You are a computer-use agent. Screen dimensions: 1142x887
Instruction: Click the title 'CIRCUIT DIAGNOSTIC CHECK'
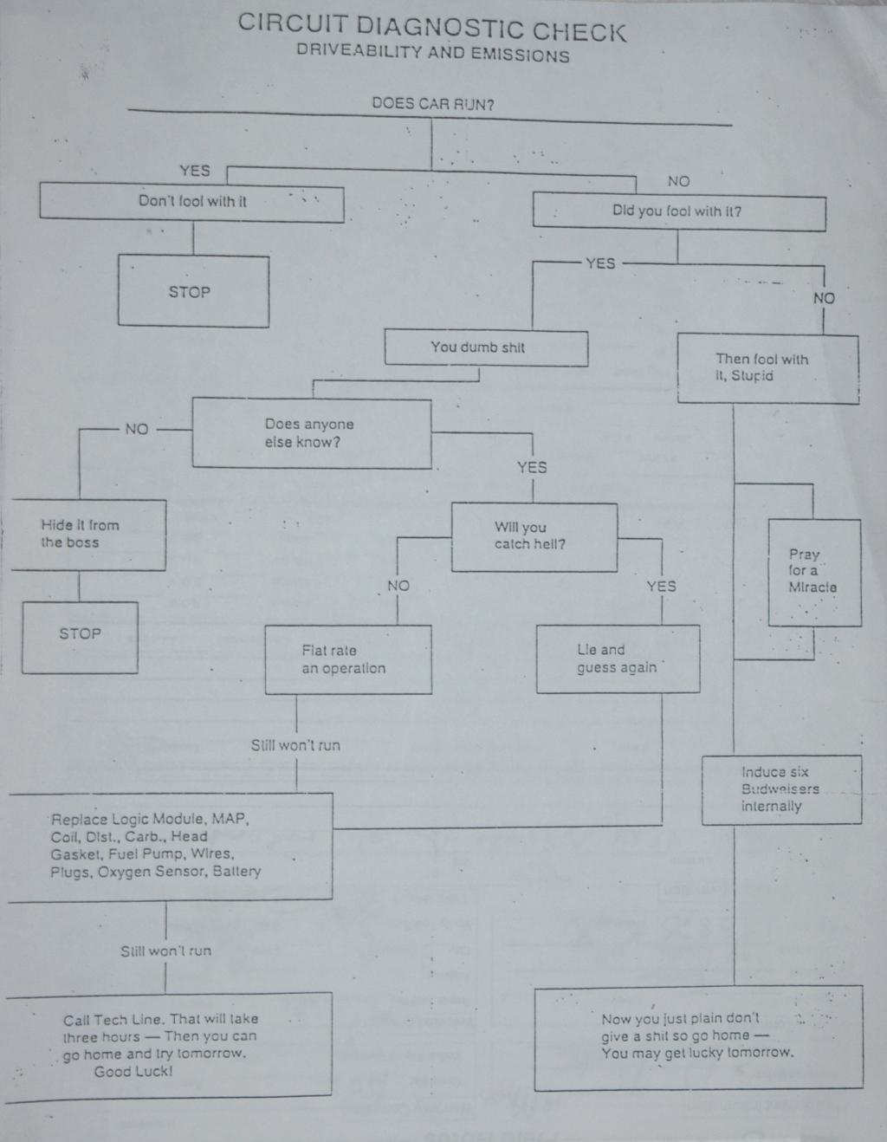tap(431, 28)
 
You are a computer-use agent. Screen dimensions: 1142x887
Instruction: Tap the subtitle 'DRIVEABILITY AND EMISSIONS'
tap(432, 54)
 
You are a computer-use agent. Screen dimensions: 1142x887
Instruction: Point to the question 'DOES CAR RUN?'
tap(432, 104)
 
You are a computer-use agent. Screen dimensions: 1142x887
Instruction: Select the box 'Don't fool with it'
tap(191, 202)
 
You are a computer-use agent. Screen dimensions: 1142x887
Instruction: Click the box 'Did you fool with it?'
tap(677, 211)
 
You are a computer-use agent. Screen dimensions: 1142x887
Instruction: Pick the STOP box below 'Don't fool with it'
tap(192, 292)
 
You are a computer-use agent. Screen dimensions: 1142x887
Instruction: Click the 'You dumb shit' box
tap(485, 347)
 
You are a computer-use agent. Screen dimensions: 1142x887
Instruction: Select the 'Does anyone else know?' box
tap(311, 433)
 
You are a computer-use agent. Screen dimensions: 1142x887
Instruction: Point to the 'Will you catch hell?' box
tap(534, 536)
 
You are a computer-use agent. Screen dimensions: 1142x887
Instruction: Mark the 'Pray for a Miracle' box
tap(813, 571)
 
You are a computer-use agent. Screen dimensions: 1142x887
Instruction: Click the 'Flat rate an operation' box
tap(347, 659)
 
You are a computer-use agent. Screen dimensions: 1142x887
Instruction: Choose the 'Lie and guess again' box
tap(617, 659)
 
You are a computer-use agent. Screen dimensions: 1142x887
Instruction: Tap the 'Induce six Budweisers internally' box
tap(780, 788)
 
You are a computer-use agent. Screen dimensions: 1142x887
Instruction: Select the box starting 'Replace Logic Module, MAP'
tap(171, 845)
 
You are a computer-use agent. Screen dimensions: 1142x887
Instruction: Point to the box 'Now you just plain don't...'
tap(697, 1036)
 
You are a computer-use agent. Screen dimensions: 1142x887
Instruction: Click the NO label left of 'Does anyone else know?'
tap(137, 429)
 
